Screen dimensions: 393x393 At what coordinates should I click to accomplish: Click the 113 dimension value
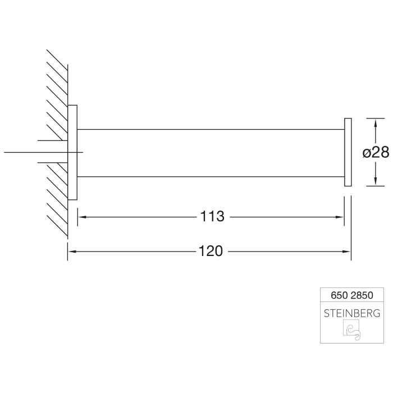coord(212,217)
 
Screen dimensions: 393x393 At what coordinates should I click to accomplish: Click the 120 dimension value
coord(211,252)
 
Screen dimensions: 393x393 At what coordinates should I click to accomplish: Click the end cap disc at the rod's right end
coord(348,152)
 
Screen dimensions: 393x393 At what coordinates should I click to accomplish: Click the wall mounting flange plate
coord(72,152)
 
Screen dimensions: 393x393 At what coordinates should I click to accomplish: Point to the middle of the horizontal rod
coord(211,153)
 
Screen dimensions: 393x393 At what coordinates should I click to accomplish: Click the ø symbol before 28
coord(366,152)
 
